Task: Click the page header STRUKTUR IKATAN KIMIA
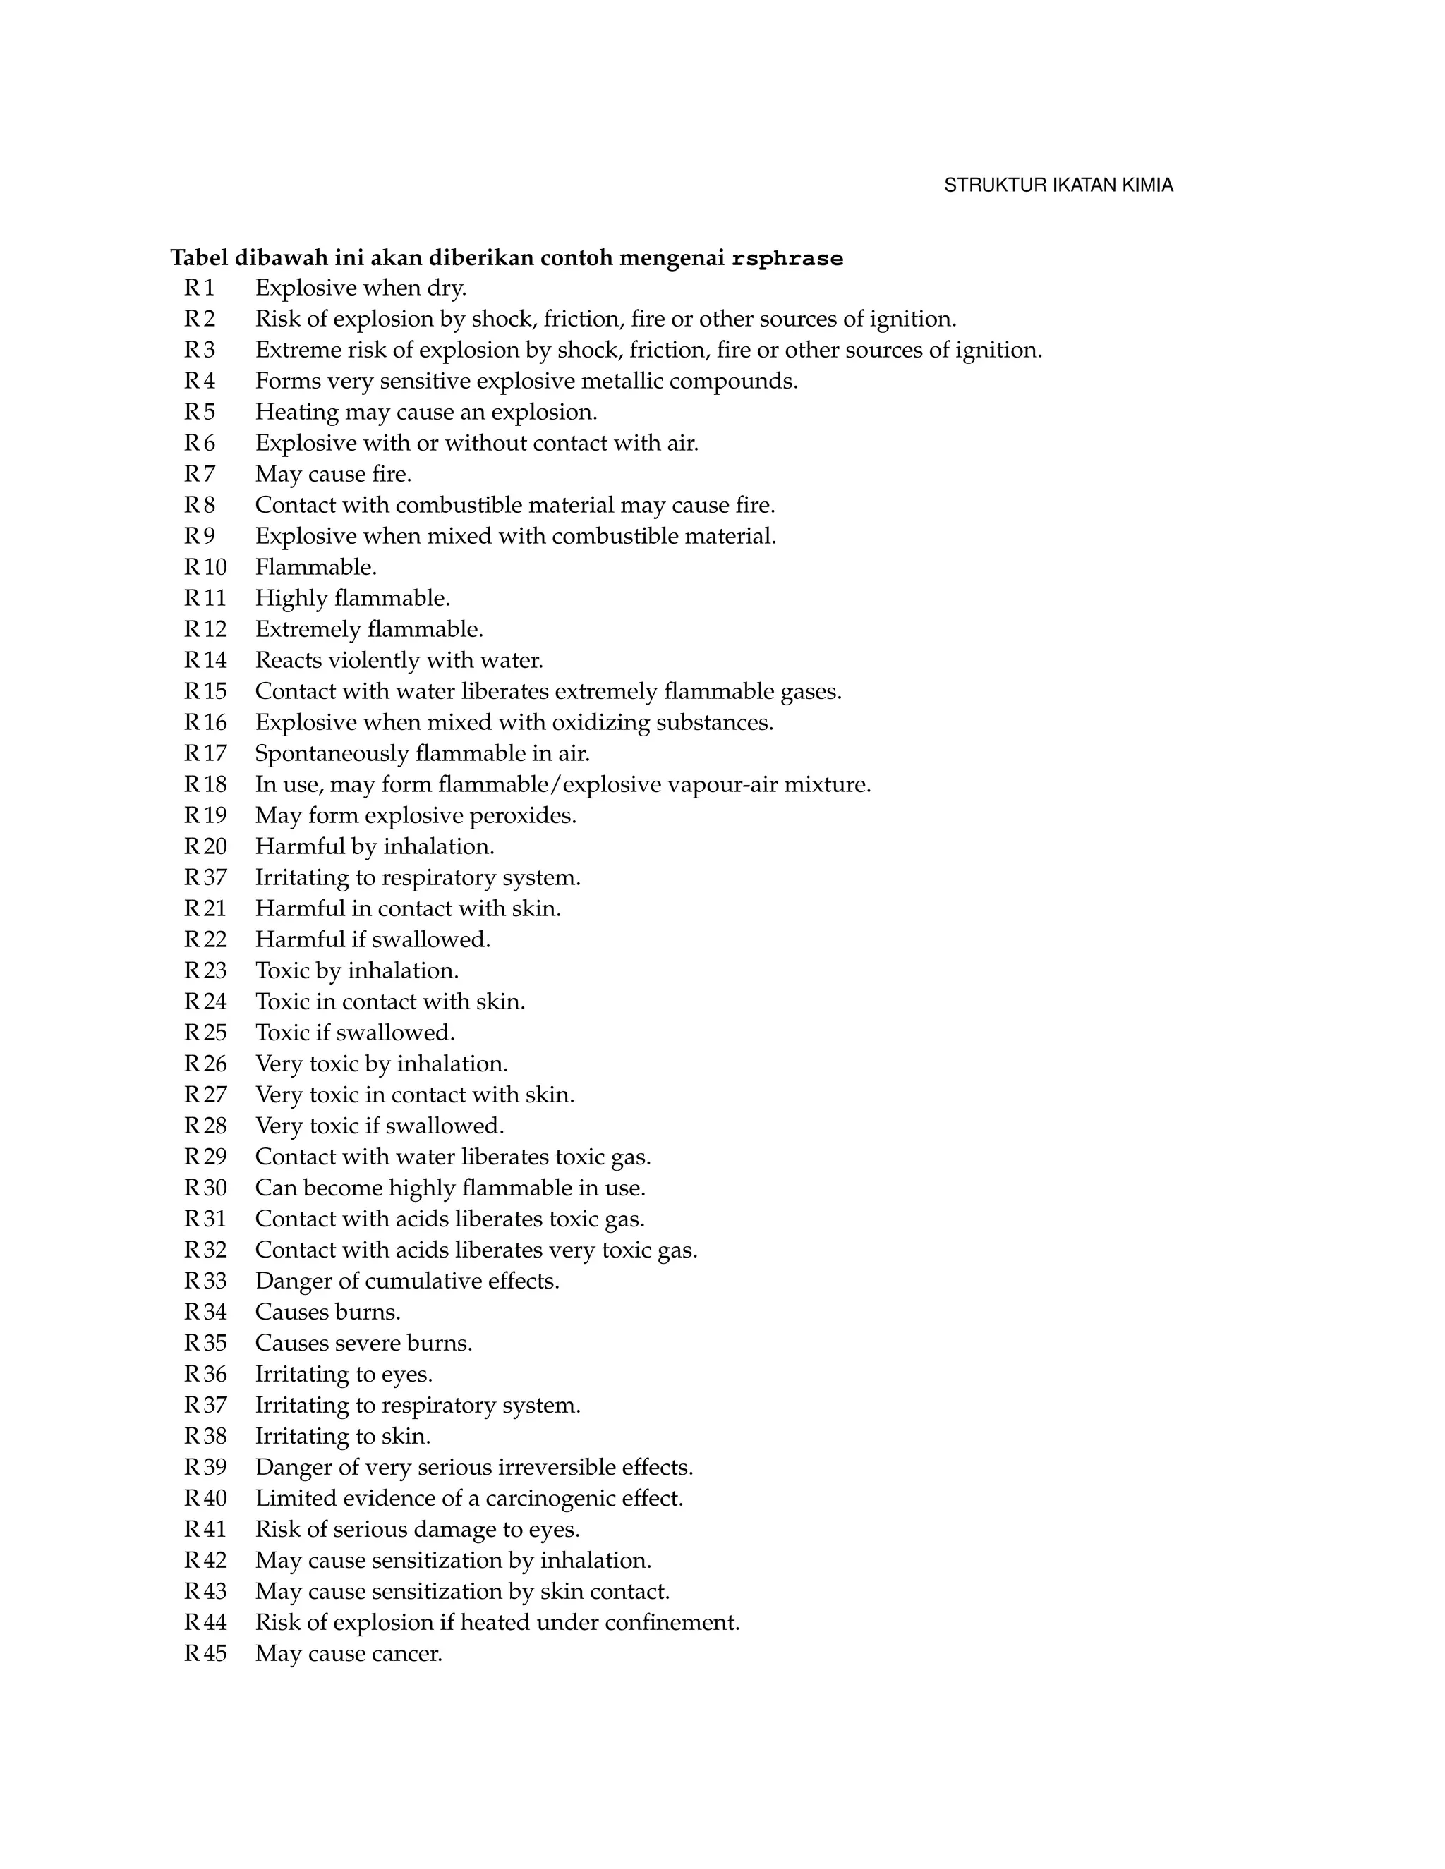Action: [x=1058, y=185]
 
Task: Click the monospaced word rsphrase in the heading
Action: [x=787, y=258]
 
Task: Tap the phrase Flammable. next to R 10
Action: [x=316, y=567]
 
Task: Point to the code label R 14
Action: [x=205, y=661]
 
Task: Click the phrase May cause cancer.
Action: [x=349, y=1653]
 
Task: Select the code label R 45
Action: [x=205, y=1653]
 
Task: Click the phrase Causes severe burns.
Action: [x=363, y=1343]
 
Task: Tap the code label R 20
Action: [x=205, y=846]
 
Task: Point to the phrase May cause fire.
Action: [x=333, y=474]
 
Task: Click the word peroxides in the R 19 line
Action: [x=530, y=815]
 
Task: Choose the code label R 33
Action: [x=205, y=1281]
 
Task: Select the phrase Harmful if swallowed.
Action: [x=373, y=939]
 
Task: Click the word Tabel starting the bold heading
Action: [x=200, y=257]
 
